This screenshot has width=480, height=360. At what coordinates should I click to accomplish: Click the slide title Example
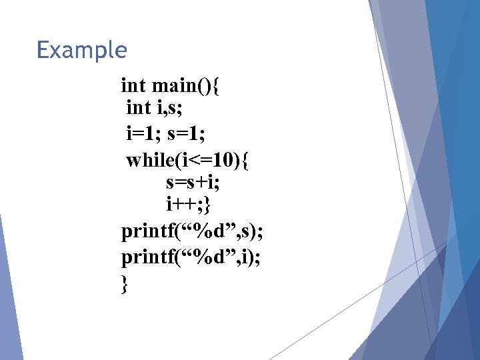click(x=81, y=50)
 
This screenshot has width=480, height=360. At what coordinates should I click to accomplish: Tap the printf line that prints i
click(x=191, y=257)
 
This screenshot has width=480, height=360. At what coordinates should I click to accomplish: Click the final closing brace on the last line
click(x=125, y=284)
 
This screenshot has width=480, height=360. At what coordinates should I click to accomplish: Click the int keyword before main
click(x=134, y=85)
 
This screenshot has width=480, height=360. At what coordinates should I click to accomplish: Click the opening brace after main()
click(x=221, y=86)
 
